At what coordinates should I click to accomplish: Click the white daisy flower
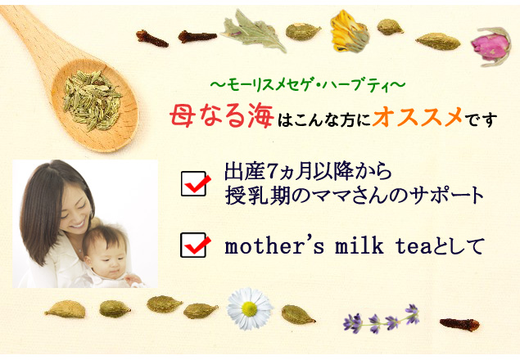(249, 308)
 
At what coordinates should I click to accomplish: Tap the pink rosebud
(491, 47)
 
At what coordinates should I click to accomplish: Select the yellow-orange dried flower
(349, 31)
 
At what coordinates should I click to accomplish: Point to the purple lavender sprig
(382, 319)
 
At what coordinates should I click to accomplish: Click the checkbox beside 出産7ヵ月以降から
(195, 183)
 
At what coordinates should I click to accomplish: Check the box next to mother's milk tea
(195, 245)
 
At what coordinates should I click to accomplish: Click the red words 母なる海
(222, 116)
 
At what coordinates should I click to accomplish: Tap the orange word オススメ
(417, 116)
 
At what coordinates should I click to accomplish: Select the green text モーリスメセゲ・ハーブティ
(308, 85)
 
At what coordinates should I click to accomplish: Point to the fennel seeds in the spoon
(92, 100)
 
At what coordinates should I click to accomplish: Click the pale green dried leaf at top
(255, 31)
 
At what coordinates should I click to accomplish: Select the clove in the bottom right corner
(459, 324)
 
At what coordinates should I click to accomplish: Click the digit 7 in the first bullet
(271, 172)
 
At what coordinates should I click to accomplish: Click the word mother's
(274, 246)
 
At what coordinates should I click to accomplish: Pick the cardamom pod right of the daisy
(297, 314)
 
